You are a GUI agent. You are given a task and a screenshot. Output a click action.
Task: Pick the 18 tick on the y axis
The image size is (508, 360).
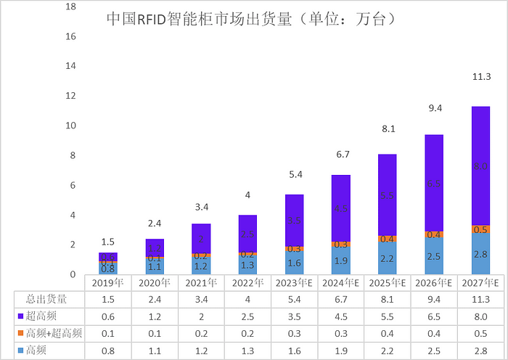pyautogui.click(x=70, y=7)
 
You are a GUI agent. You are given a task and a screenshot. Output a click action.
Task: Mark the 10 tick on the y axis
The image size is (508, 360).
pyautogui.click(x=70, y=126)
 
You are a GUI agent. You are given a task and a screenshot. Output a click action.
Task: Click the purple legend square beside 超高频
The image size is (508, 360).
pyautogui.click(x=20, y=316)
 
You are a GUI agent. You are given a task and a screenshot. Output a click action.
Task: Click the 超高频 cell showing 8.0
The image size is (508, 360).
pyautogui.click(x=480, y=316)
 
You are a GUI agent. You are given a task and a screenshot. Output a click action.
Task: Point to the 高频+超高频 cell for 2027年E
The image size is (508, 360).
pyautogui.click(x=480, y=334)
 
